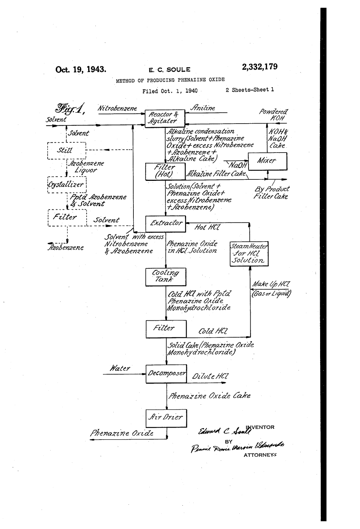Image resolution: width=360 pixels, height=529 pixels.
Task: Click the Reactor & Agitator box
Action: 165,118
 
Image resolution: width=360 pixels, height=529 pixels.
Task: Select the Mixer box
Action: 267,161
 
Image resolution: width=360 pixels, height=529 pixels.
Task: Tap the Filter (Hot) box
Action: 165,171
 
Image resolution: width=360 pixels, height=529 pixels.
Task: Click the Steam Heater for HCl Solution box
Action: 249,254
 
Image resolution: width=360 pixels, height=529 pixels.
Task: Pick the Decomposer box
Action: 166,373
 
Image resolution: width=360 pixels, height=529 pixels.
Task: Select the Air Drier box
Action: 166,418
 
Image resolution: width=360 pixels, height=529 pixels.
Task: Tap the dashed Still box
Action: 66,150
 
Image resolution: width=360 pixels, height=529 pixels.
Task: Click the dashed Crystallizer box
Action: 66,184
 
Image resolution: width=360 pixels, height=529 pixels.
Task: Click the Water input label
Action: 120,368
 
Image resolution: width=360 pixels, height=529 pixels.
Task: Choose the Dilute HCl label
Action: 210,377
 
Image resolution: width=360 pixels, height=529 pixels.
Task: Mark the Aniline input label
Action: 203,108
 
